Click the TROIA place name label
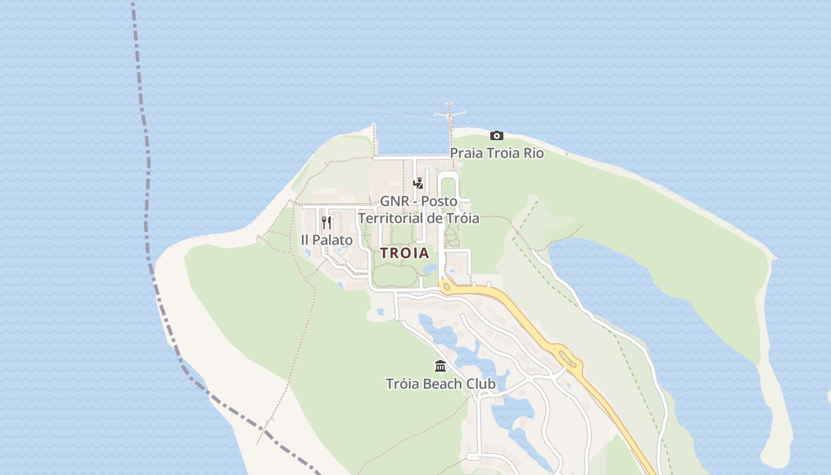pyautogui.click(x=404, y=253)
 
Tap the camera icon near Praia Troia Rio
pyautogui.click(x=497, y=136)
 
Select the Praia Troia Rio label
pyautogui.click(x=497, y=153)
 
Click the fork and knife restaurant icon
pyautogui.click(x=326, y=223)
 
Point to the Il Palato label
pyautogui.click(x=326, y=240)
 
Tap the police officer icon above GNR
pyautogui.click(x=418, y=183)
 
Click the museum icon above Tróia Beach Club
pyautogui.click(x=440, y=366)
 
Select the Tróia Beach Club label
pyautogui.click(x=440, y=384)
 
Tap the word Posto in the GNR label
pyautogui.click(x=439, y=201)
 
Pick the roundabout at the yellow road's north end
pyautogui.click(x=447, y=287)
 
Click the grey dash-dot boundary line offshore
pyautogui.click(x=146, y=178)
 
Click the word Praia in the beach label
pyautogui.click(x=467, y=153)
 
